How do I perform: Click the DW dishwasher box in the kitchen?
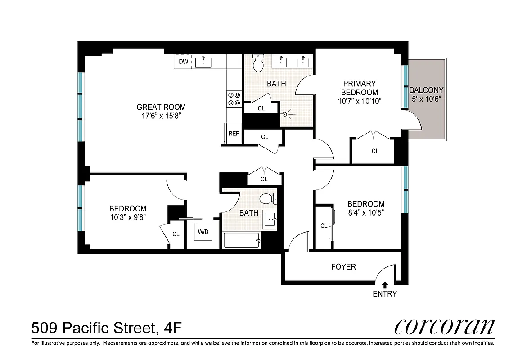183,62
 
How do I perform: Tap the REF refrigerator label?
234,134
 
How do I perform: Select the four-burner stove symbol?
234,99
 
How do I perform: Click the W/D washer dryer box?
203,232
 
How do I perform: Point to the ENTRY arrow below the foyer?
385,285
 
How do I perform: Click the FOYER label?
343,267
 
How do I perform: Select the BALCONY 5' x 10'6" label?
426,94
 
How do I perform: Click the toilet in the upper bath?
258,64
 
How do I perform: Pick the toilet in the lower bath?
269,198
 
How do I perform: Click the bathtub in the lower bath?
242,240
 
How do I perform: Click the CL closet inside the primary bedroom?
375,151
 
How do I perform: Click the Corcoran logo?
444,327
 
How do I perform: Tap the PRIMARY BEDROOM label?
359,88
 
